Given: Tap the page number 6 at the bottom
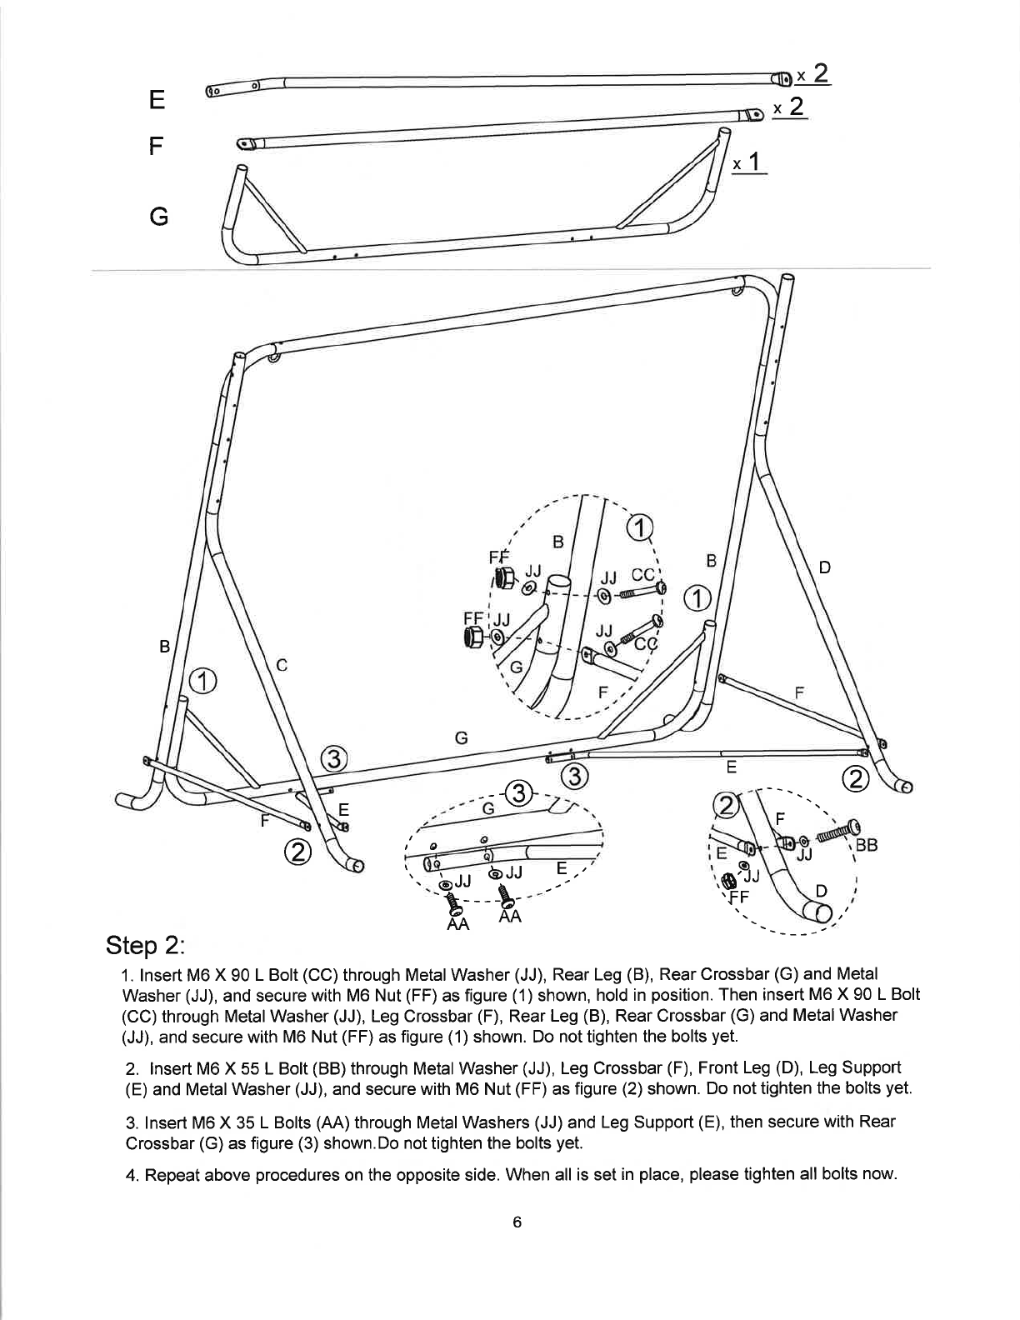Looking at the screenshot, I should (x=517, y=1222).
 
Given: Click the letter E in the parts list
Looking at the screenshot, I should (x=156, y=100).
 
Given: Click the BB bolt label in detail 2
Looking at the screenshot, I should (x=866, y=843).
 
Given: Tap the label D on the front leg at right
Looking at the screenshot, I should (x=824, y=568).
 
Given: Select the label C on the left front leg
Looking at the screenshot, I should (x=282, y=665).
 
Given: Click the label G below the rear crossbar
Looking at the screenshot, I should (x=460, y=737).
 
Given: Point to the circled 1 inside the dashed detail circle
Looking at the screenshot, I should (x=638, y=528).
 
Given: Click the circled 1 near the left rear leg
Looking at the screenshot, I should (x=202, y=681).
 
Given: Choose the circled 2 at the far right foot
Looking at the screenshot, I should (x=856, y=780).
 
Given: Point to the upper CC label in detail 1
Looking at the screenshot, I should (x=642, y=575).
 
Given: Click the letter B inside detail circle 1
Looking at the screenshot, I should (x=558, y=542).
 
